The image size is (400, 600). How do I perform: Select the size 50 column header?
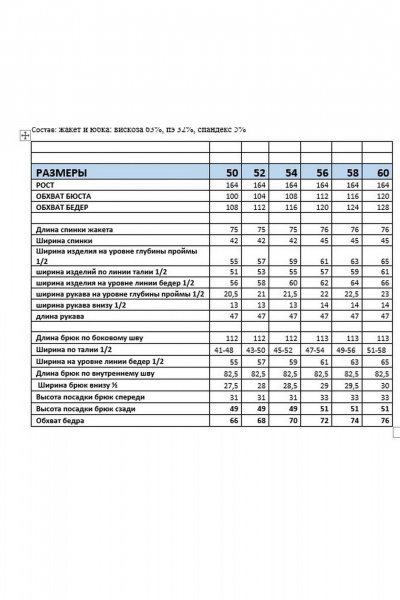pyautogui.click(x=232, y=173)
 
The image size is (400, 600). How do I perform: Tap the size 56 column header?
pyautogui.click(x=322, y=173)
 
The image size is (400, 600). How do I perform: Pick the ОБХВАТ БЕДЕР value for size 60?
pyautogui.click(x=382, y=207)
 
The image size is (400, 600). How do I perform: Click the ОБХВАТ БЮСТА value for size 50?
pyautogui.click(x=231, y=196)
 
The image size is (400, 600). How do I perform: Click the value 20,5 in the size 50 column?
pyautogui.click(x=230, y=294)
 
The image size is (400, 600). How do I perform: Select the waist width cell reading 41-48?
pyautogui.click(x=226, y=349)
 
